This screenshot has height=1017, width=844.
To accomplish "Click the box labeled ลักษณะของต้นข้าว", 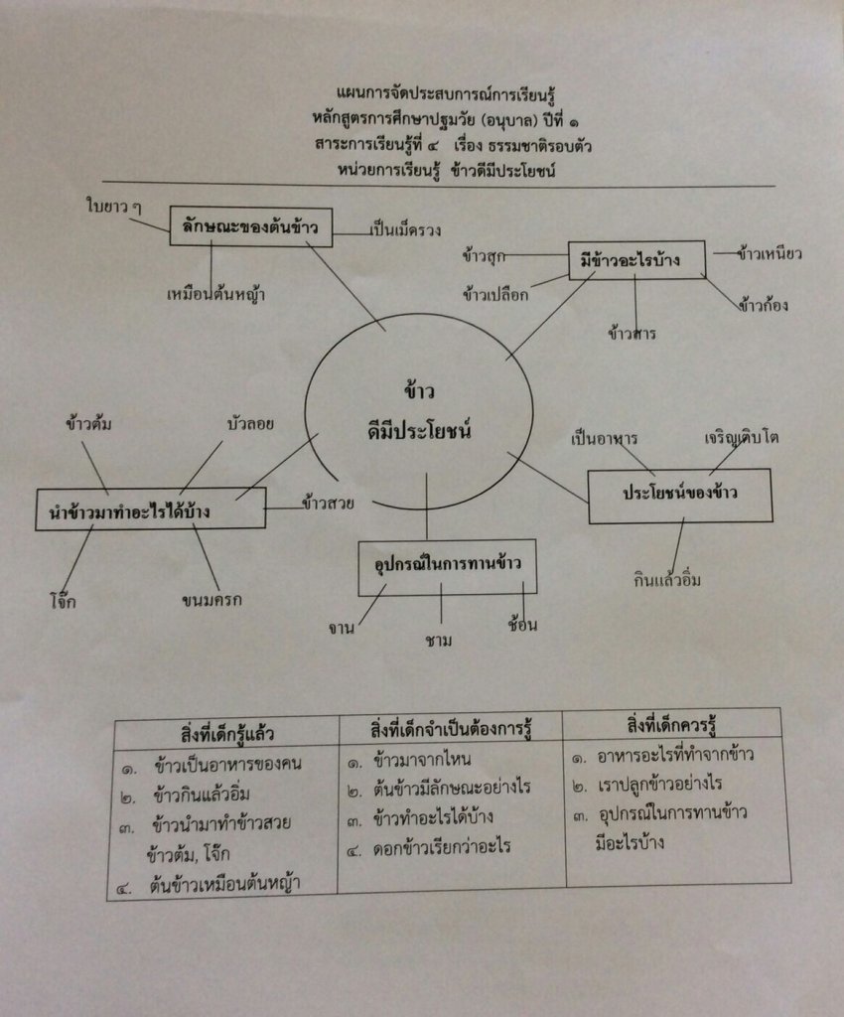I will (250, 227).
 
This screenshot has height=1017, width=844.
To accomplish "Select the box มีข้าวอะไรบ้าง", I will (636, 260).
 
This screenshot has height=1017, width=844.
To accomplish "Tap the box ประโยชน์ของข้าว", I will (680, 494).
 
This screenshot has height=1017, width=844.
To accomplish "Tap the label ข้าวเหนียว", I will (770, 253).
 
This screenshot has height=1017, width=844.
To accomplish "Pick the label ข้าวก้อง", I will (763, 305).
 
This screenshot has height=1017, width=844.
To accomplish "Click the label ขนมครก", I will (212, 600).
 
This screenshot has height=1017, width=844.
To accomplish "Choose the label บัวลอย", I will (249, 424).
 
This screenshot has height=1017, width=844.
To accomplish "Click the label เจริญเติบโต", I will (742, 437).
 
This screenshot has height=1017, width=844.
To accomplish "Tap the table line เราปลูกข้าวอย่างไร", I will (659, 784).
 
